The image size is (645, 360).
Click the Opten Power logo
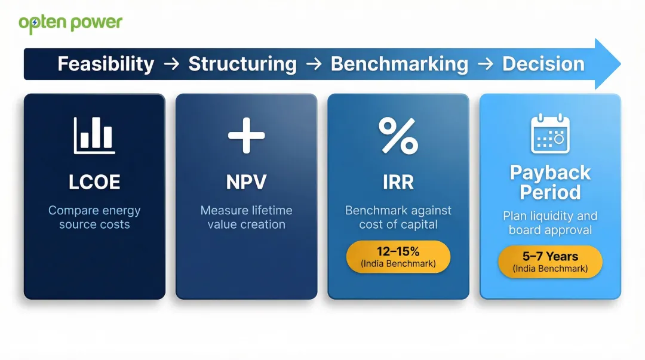point(70,23)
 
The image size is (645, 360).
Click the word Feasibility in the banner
point(106,64)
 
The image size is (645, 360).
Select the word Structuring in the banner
point(242,64)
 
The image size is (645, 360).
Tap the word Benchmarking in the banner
point(400,64)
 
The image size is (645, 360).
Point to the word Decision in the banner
point(543,64)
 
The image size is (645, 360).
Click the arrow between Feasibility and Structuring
point(171,64)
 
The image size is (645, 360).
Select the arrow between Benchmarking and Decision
point(486,64)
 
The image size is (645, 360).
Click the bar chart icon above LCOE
point(94,135)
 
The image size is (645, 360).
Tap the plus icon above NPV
point(247,135)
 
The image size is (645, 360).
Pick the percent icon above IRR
point(398,135)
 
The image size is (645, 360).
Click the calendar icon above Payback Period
point(550,134)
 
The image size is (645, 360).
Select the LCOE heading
point(94,182)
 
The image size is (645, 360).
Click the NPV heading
point(247,182)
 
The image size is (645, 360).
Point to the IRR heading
point(398,182)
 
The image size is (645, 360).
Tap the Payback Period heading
point(550,182)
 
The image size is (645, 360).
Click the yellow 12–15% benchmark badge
point(398,257)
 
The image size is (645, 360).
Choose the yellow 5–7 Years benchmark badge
point(550,262)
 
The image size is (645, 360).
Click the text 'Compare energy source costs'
point(94,217)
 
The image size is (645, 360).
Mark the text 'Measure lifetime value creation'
point(247,217)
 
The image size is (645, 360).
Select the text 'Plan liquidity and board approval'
point(550,223)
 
